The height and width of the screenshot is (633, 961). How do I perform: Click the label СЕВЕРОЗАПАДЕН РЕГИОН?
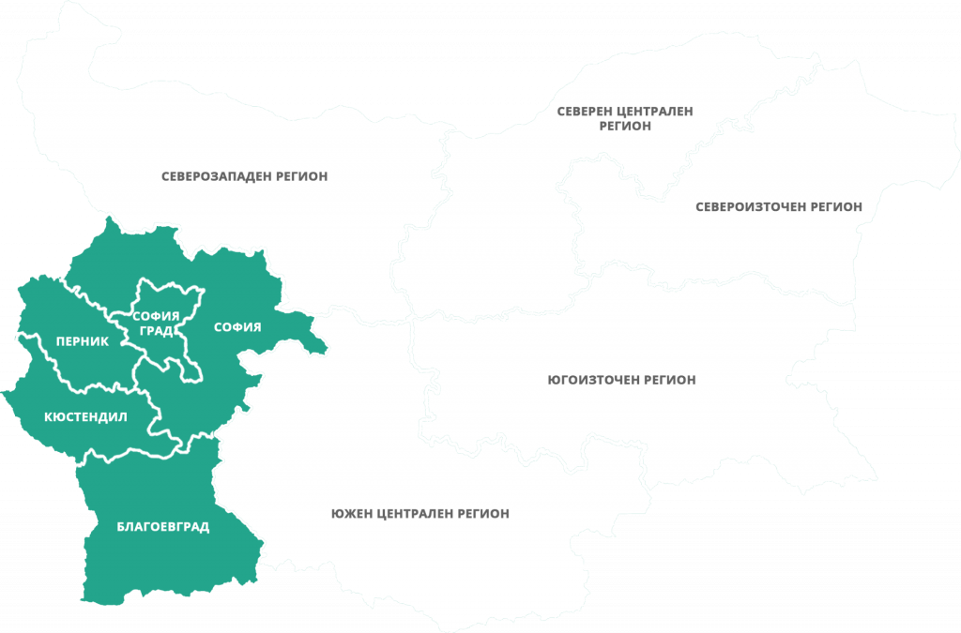[244, 175]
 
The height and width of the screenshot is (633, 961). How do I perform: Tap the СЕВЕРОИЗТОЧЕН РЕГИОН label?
[778, 206]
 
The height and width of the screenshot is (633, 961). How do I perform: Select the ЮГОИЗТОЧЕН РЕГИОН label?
[620, 380]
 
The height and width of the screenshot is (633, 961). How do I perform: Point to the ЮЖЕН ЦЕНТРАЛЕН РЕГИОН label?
[419, 514]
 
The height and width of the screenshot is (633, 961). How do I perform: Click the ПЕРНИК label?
[83, 341]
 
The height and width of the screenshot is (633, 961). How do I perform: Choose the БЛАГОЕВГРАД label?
[162, 527]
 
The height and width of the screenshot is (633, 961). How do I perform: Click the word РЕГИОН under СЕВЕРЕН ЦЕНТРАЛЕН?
[624, 126]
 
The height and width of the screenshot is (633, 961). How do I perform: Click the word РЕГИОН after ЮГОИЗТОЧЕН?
[670, 380]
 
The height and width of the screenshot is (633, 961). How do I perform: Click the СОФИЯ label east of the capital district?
[236, 326]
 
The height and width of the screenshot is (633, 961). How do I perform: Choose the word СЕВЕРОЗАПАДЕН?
[215, 175]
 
